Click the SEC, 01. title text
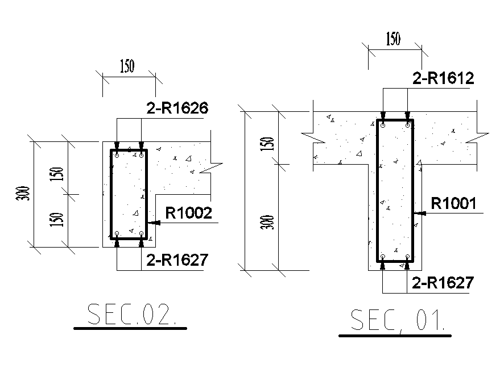(x=396, y=321)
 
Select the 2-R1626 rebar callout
(x=177, y=107)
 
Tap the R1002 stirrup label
(x=188, y=213)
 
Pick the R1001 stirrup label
(x=453, y=203)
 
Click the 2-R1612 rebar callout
(x=443, y=79)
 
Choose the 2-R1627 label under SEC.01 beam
(x=443, y=283)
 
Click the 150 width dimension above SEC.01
(x=393, y=40)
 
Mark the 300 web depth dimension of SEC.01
(x=271, y=222)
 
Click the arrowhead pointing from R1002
(x=152, y=224)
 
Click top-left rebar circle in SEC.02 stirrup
(x=117, y=154)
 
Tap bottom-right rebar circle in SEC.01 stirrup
(x=408, y=257)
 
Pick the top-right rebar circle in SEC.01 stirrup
(x=408, y=125)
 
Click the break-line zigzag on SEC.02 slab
(x=215, y=168)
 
